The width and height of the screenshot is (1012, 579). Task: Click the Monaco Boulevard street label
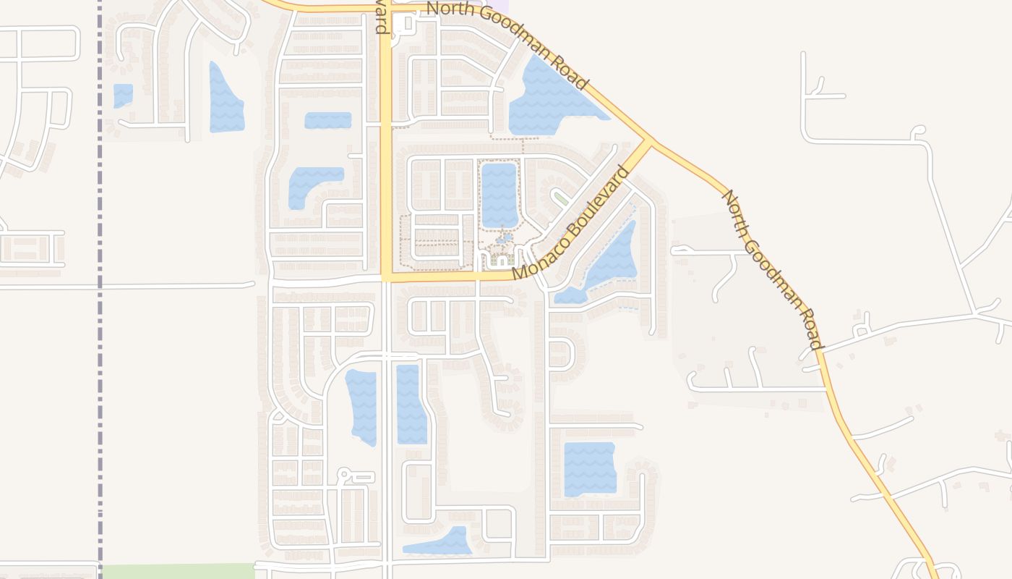point(570,224)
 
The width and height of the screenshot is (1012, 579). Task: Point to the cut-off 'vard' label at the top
point(381,17)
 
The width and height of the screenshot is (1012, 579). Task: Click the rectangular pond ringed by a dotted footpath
point(499,195)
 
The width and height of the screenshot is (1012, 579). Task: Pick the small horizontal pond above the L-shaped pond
point(327,120)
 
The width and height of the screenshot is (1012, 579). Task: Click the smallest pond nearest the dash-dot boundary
point(123,95)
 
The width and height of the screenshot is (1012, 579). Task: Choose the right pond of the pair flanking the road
point(411,404)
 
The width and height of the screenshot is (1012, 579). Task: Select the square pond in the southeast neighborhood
point(589,469)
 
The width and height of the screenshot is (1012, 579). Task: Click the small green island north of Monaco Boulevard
point(561,198)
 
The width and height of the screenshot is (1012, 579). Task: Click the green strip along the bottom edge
point(177,571)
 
